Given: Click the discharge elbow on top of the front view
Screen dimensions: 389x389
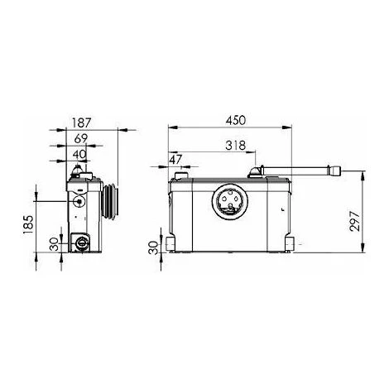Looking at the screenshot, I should click(258, 172).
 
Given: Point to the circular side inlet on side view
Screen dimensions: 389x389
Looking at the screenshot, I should click(78, 199).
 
